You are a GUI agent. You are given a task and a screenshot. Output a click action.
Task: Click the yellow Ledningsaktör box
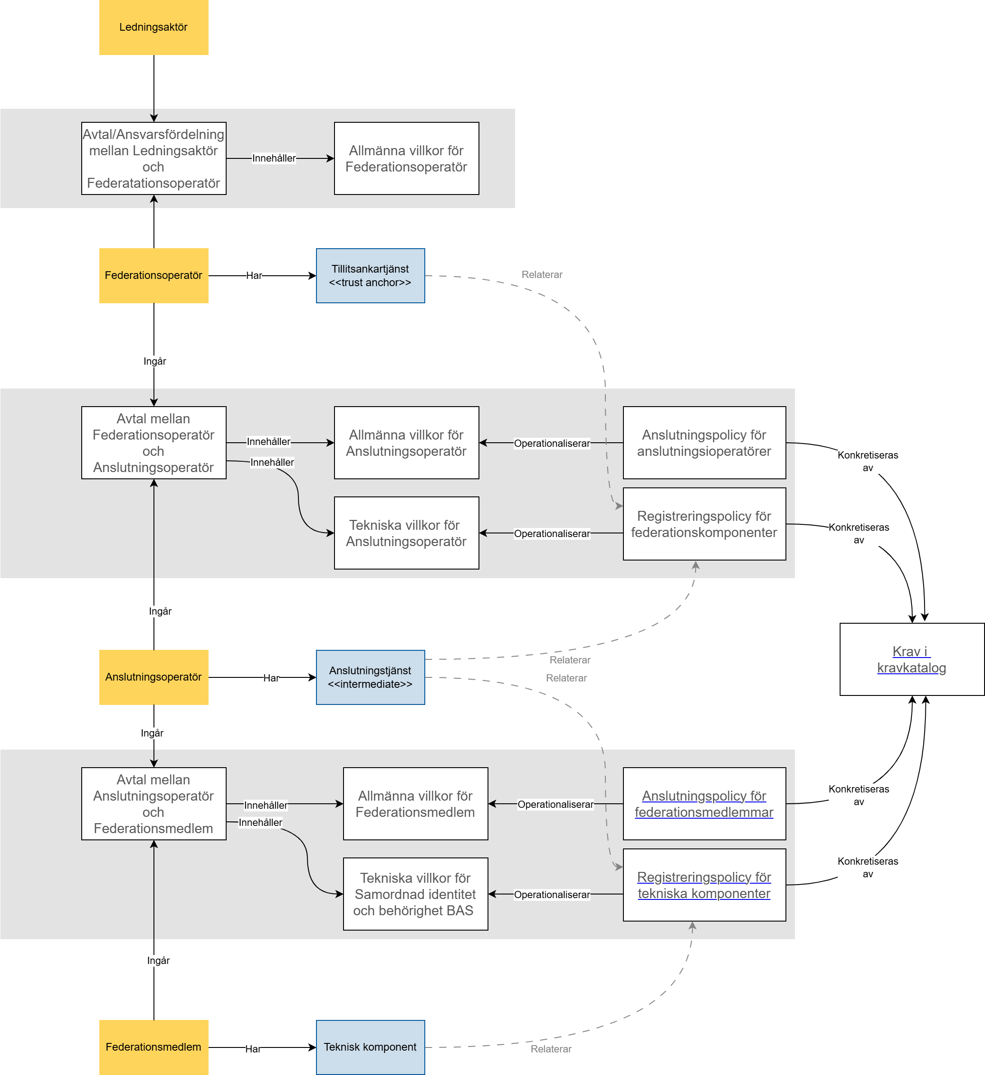point(153,27)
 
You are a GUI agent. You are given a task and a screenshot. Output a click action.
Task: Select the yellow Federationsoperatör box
point(153,276)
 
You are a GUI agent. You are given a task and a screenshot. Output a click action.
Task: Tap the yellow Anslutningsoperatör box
point(153,677)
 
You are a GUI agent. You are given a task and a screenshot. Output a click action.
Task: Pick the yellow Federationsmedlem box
point(153,1047)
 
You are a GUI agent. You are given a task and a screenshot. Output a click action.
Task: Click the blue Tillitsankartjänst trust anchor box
point(370,276)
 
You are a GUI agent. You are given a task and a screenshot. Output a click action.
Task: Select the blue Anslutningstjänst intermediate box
point(370,677)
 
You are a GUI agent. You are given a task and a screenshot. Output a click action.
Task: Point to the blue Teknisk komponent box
point(370,1047)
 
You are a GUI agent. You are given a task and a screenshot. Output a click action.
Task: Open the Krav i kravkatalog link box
point(911,660)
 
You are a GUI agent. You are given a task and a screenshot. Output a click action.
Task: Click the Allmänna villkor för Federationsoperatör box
point(406,158)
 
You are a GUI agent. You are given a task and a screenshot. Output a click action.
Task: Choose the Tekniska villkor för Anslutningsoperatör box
point(406,533)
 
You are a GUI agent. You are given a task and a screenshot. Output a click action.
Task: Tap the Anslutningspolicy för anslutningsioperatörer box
point(704,443)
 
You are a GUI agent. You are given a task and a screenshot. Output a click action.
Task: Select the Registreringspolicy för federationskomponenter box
point(704,524)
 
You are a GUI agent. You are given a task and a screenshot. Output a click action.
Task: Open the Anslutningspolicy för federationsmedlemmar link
point(704,804)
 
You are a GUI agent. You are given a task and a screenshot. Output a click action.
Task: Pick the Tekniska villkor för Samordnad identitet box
point(415,894)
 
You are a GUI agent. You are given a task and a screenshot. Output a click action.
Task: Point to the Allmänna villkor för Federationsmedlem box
point(415,804)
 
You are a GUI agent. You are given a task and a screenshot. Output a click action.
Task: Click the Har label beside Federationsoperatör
point(254,276)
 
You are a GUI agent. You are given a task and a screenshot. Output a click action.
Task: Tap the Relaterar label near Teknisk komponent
point(551,1049)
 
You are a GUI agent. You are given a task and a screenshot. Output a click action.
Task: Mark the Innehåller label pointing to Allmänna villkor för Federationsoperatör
point(274,158)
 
